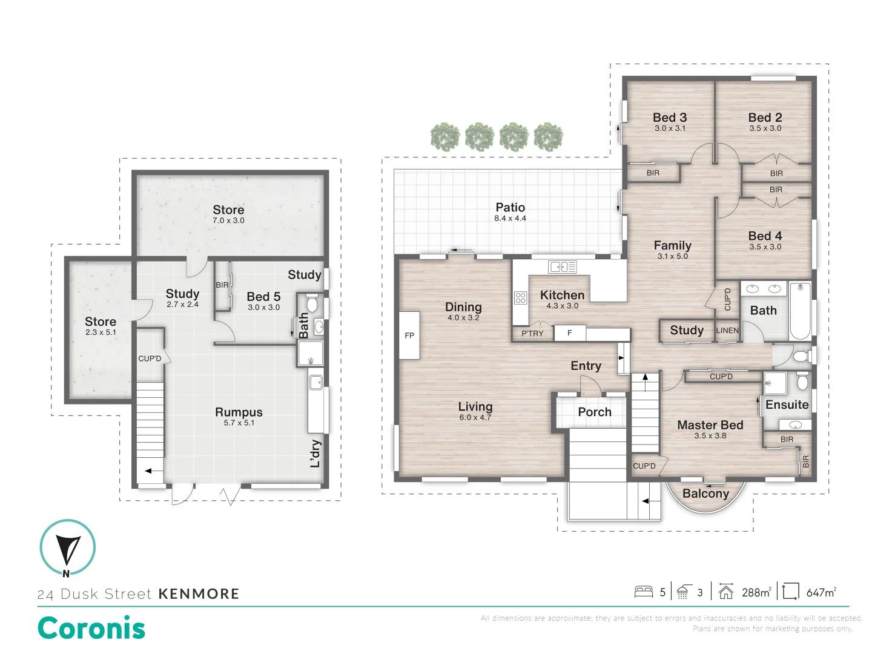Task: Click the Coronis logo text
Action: click(91, 628)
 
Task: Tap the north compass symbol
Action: click(67, 547)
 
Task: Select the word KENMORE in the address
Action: click(199, 594)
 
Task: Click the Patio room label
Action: click(510, 208)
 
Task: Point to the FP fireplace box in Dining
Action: click(409, 335)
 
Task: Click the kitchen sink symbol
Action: click(562, 266)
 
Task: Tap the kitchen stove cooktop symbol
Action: click(520, 297)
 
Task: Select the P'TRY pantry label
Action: click(532, 334)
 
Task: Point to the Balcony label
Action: click(705, 494)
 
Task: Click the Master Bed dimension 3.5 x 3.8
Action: click(710, 436)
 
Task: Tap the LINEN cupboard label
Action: click(727, 331)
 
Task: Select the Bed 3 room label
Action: click(670, 117)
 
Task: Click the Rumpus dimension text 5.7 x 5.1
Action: click(239, 423)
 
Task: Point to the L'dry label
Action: click(315, 454)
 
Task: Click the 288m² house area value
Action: click(756, 592)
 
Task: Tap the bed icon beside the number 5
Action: click(643, 592)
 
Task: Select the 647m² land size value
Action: click(821, 592)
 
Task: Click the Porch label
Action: click(594, 412)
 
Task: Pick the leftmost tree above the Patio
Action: click(445, 137)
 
